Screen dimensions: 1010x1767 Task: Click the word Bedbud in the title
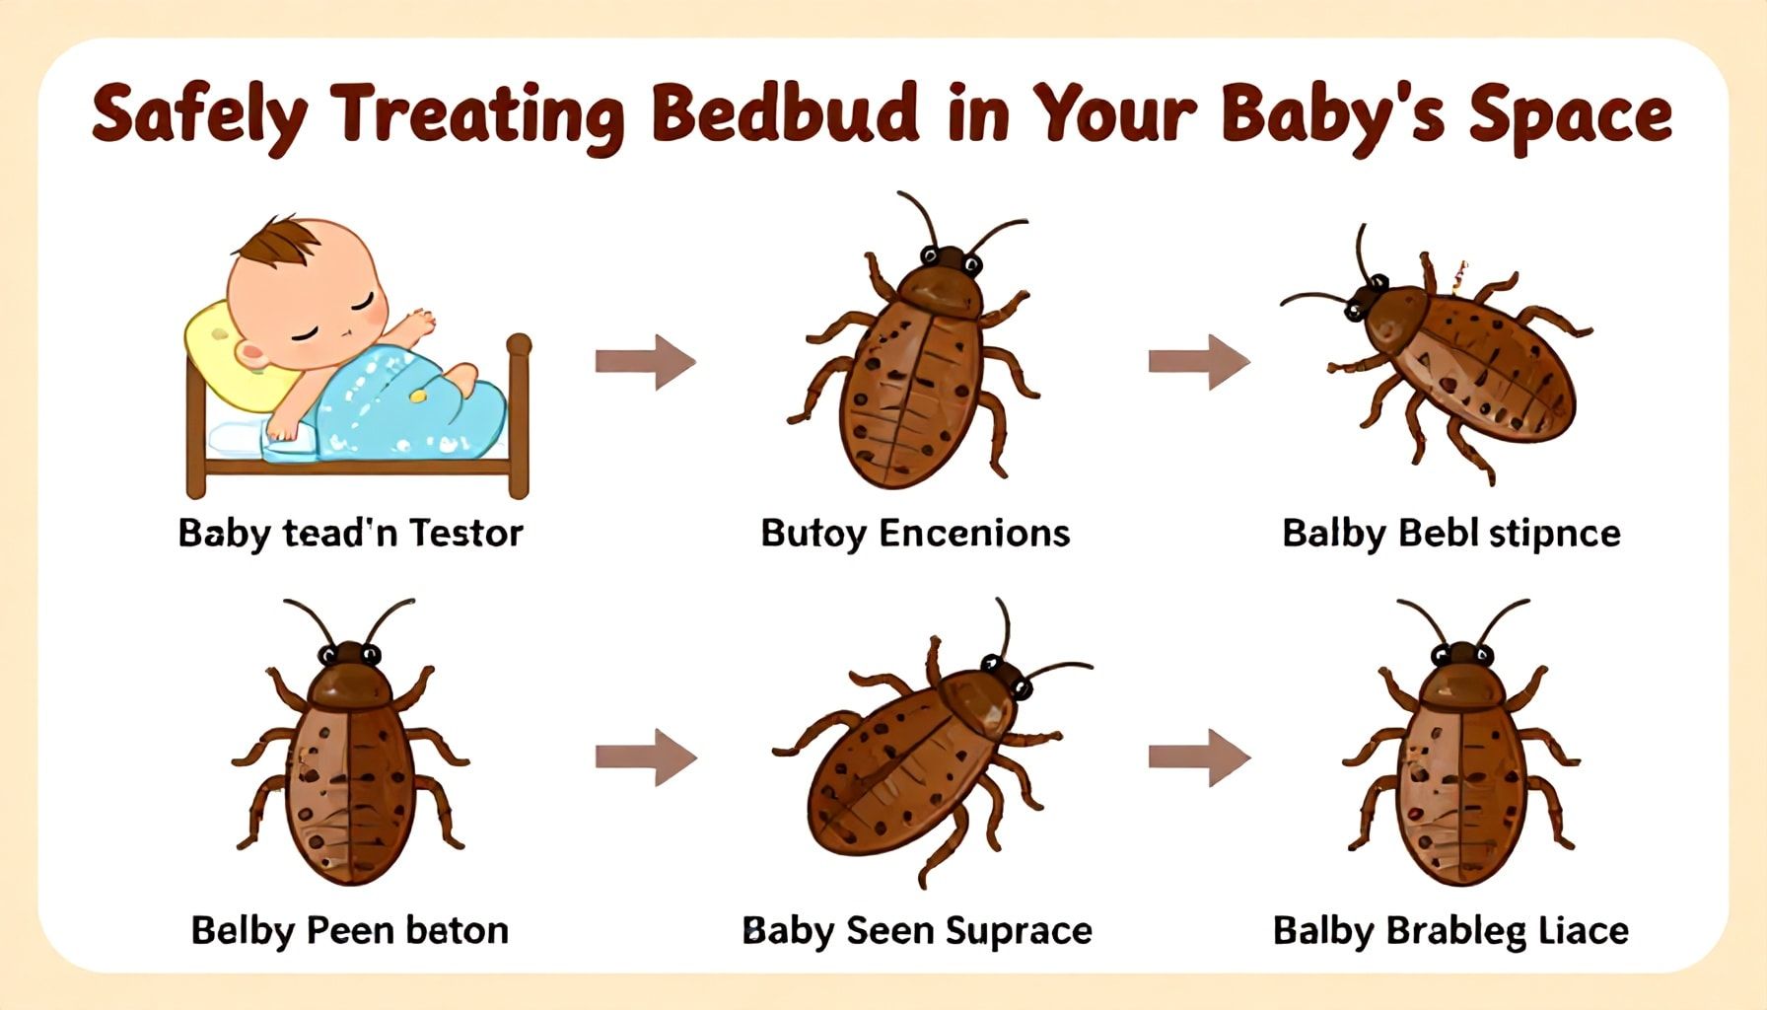click(785, 114)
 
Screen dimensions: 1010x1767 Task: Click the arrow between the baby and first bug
click(645, 361)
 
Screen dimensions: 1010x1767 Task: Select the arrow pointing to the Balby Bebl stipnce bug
click(1198, 361)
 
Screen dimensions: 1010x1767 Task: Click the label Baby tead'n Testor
click(350, 534)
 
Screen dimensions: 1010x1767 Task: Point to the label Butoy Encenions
click(915, 534)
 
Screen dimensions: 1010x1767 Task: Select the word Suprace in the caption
click(1018, 931)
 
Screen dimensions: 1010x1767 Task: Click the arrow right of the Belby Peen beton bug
click(646, 757)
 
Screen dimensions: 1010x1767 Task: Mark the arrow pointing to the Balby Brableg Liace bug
click(1199, 757)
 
